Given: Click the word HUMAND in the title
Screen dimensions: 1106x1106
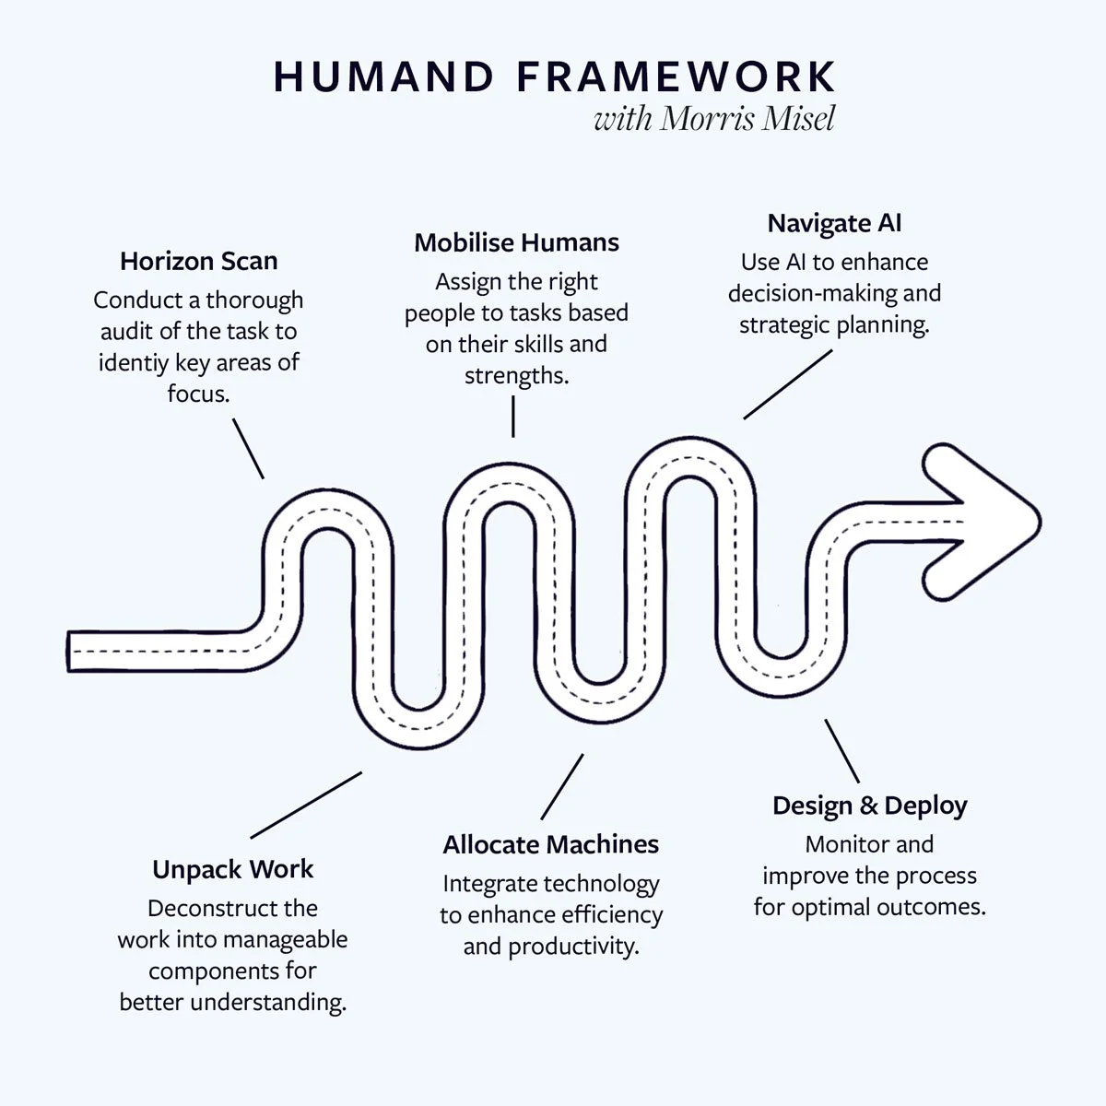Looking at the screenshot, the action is (x=384, y=77).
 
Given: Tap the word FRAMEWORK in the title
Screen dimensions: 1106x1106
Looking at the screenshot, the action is (x=677, y=77).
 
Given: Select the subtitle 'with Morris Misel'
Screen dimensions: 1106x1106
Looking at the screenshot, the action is (x=714, y=119).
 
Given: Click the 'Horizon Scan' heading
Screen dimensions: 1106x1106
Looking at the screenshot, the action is (x=198, y=261).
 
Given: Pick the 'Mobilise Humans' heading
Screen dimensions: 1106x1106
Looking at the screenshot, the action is (x=516, y=242).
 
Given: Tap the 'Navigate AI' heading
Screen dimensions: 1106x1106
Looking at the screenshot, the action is (x=834, y=223).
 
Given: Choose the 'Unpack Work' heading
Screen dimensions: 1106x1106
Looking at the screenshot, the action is (x=232, y=869).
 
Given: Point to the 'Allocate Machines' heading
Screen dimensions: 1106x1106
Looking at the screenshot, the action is (x=550, y=844).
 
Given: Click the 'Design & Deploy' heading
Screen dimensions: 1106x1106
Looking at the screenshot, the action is (x=869, y=806).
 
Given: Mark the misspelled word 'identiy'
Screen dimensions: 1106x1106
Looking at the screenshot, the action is (x=135, y=362).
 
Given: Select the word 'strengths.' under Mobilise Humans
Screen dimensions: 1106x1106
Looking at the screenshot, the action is (x=516, y=376).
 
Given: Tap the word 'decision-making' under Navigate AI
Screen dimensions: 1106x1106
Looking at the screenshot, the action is (x=796, y=294).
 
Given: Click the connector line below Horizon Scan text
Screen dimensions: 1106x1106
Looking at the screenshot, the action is (x=248, y=448).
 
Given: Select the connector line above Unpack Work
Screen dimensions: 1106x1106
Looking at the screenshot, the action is (x=306, y=804).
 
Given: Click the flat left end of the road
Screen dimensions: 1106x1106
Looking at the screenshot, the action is (x=70, y=651).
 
